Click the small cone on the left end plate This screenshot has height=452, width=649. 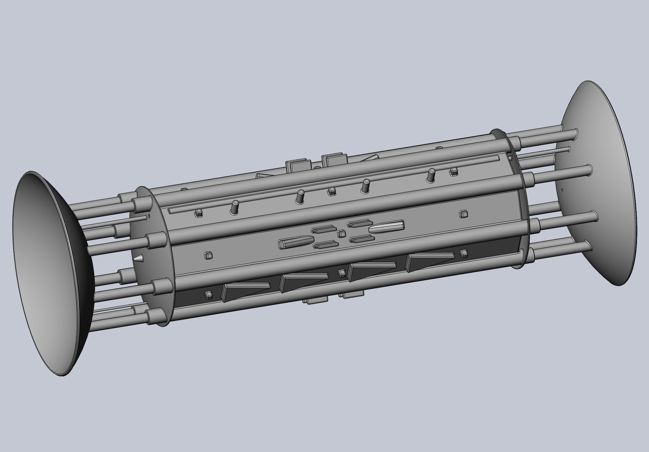click(138, 258)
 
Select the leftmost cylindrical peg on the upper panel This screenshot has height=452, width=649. click(235, 207)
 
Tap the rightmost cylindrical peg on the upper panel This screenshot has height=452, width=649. click(431, 175)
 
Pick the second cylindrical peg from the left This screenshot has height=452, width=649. click(300, 197)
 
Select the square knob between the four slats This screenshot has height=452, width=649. click(342, 233)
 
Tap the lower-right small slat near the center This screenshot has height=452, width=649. click(362, 239)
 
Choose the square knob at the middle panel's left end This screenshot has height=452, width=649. click(207, 255)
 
